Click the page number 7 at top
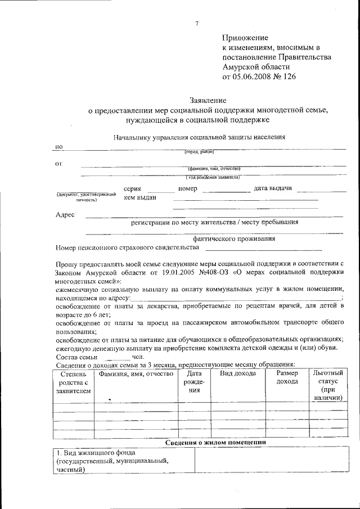196,23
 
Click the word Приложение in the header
245,38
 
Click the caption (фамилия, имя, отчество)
214,168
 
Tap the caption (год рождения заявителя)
213,177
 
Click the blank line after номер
226,191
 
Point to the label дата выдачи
273,188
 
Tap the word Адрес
65,214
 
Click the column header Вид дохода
237,373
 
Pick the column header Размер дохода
287,377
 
